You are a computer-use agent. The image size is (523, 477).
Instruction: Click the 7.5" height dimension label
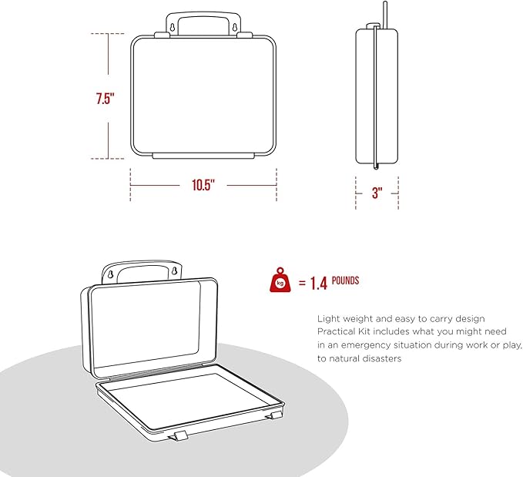click(x=105, y=99)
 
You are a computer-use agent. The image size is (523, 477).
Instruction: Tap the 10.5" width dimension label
click(x=203, y=185)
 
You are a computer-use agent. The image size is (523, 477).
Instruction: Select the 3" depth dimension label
click(x=377, y=193)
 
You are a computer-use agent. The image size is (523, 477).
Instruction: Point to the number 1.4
click(x=319, y=284)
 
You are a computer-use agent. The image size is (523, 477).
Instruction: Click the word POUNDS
click(x=345, y=280)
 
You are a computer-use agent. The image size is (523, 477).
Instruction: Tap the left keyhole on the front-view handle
click(x=173, y=28)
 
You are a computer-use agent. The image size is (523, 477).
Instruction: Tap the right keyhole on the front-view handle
click(x=234, y=28)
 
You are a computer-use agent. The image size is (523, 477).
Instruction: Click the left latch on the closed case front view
click(x=163, y=35)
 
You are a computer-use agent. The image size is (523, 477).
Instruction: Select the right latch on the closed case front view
click(x=244, y=35)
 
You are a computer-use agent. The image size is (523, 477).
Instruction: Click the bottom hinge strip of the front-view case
click(x=203, y=156)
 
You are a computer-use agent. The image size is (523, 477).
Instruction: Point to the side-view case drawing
click(x=377, y=96)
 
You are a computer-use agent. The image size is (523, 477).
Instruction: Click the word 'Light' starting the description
click(x=329, y=319)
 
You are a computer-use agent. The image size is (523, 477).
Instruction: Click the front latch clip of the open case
click(x=179, y=437)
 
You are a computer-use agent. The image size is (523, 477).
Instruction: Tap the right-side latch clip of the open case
click(x=274, y=416)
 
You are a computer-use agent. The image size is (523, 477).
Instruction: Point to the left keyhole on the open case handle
click(x=111, y=274)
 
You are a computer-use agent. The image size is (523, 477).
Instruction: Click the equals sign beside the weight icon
click(x=302, y=283)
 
